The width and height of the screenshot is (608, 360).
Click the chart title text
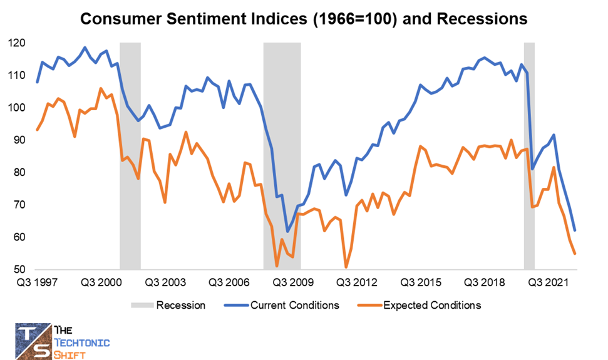304,19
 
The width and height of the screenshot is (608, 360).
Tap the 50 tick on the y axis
18,270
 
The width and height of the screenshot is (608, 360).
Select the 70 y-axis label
18,205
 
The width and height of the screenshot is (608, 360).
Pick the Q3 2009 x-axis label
291,283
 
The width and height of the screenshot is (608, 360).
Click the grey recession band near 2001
130,157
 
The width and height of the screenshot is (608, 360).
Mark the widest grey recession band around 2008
282,157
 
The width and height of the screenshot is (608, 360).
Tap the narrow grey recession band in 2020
529,157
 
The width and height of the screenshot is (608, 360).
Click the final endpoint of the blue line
575,230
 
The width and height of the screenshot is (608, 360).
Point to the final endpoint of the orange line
575,254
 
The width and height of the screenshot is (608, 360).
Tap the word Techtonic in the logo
83,342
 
